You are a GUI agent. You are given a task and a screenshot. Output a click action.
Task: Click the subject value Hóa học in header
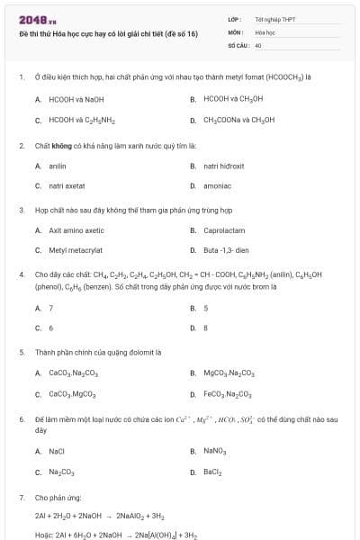[x=264, y=31]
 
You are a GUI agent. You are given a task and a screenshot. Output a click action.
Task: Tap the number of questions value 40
[x=258, y=44]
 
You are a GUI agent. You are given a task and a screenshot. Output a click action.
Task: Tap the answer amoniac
[x=218, y=186]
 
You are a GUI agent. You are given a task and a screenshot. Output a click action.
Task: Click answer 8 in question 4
[x=206, y=328]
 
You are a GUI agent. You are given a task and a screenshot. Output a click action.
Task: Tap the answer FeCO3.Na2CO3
[x=229, y=394]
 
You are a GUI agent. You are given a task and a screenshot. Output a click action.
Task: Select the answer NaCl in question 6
[x=57, y=451]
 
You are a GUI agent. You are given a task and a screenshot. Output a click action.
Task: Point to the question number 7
[x=21, y=496]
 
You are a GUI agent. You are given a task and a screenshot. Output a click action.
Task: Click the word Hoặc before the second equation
[x=44, y=535]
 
